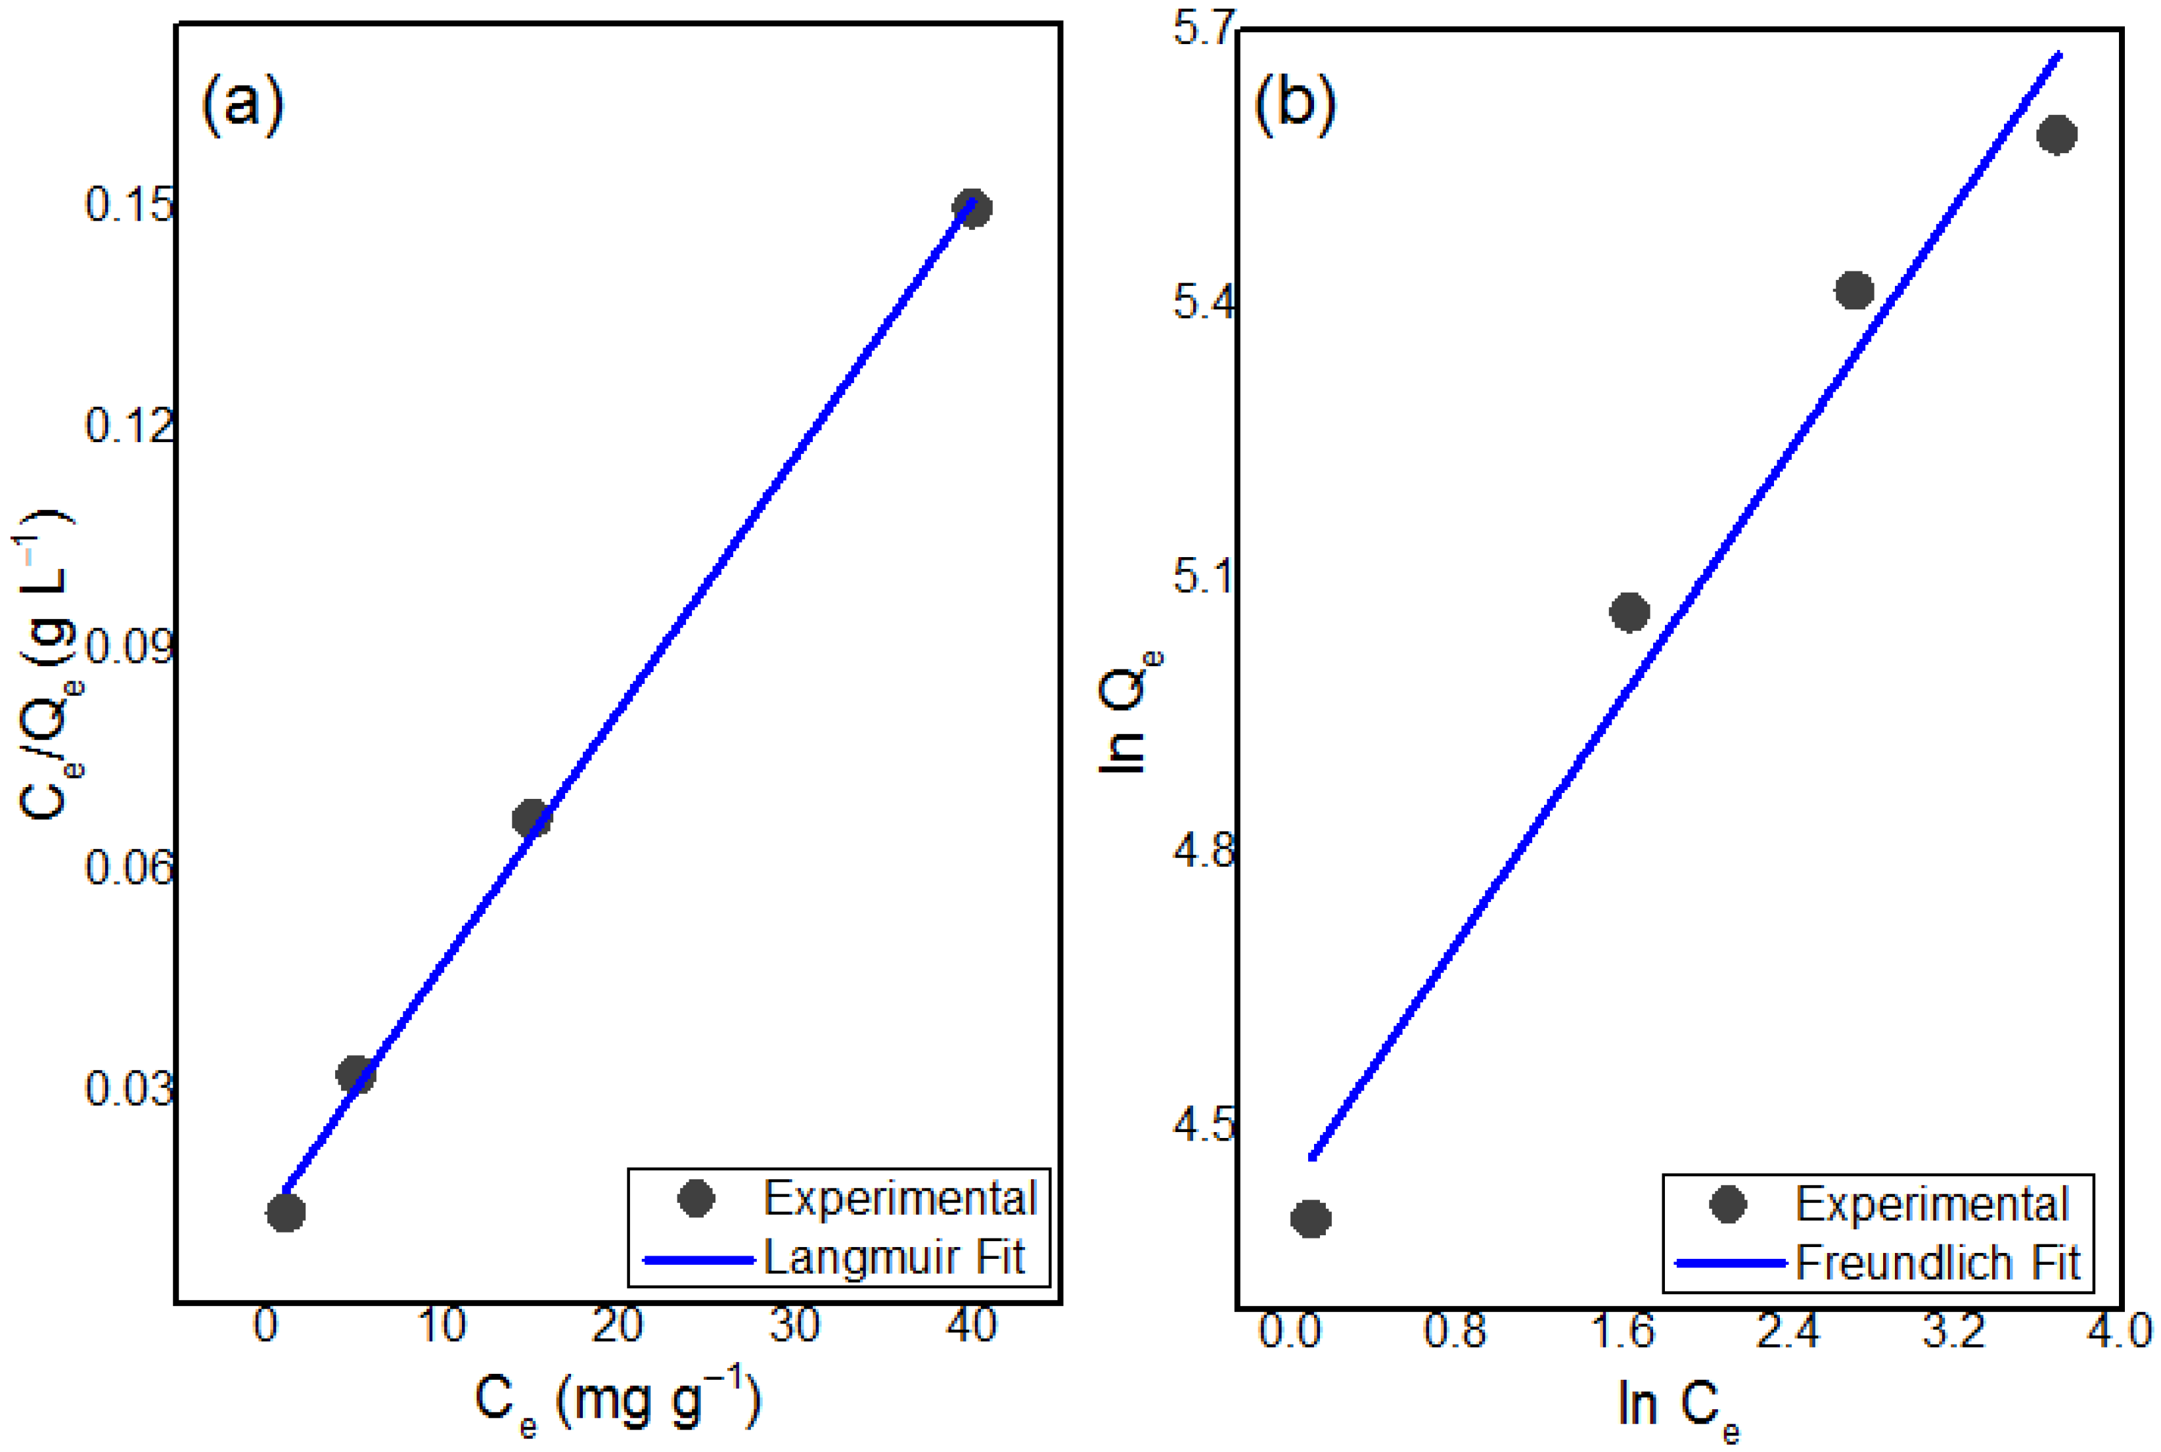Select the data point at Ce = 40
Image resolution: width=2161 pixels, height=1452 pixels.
971,208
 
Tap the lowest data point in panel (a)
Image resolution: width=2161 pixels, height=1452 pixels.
285,1212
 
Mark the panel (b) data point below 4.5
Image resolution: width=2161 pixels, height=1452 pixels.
1310,1219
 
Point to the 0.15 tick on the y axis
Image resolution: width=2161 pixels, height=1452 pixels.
129,204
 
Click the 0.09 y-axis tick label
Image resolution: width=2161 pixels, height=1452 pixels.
129,647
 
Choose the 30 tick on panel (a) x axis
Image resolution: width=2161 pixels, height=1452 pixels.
794,1326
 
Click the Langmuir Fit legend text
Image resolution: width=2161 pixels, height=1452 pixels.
894,1258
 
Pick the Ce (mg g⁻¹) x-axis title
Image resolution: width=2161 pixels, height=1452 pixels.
618,1402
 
